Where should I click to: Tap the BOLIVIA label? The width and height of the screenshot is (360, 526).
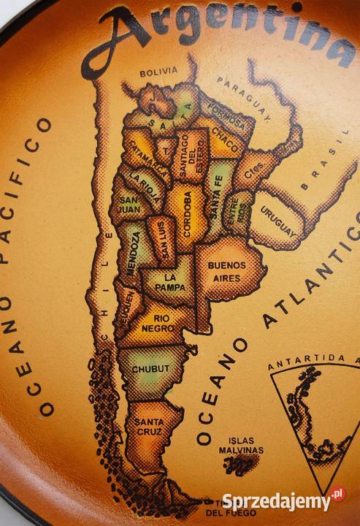click(159, 72)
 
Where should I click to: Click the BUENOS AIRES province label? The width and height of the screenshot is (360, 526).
click(226, 272)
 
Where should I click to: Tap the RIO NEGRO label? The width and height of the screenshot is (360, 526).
click(161, 324)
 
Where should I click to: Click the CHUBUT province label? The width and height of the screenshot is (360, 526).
click(150, 369)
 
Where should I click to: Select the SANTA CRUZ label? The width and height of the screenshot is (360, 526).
click(148, 426)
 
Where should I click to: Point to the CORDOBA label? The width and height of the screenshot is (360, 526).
click(187, 213)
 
